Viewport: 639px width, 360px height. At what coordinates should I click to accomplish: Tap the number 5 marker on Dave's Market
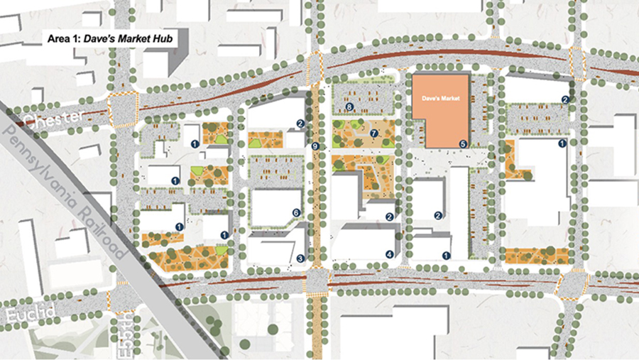pos(463,143)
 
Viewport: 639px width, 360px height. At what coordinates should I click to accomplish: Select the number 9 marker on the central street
pos(315,147)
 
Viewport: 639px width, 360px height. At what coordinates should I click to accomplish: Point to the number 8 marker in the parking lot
pos(349,107)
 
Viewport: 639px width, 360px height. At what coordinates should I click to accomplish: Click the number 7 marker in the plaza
pos(373,133)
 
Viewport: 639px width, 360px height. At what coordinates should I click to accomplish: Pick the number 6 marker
pos(296,212)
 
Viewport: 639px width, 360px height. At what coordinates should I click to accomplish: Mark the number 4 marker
pos(389,254)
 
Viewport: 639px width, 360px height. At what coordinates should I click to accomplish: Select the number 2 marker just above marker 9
pos(300,124)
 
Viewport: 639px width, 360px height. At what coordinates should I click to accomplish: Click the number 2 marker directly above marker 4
pos(389,217)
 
